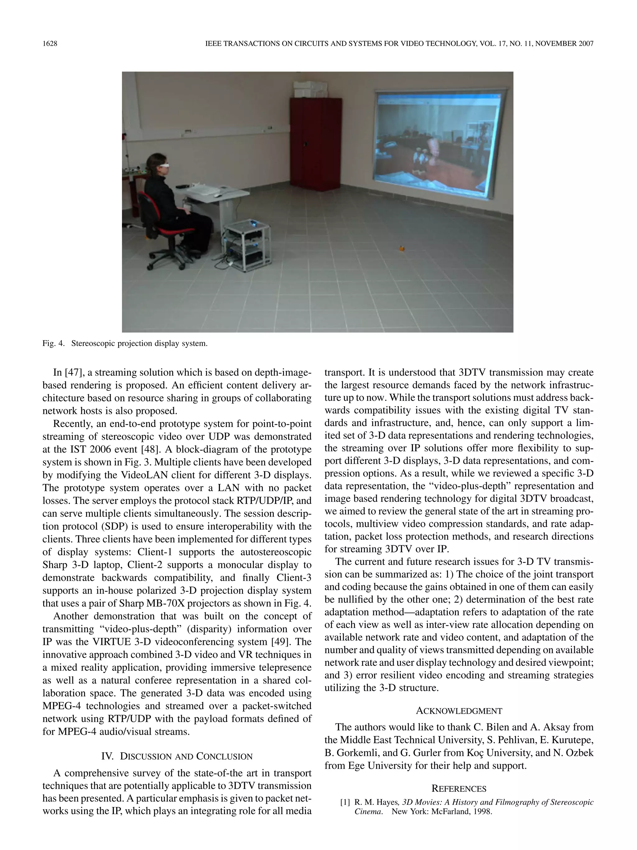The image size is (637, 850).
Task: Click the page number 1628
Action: click(x=50, y=44)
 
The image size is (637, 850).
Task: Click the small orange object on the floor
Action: click(x=402, y=248)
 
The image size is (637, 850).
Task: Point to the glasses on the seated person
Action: click(x=164, y=165)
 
